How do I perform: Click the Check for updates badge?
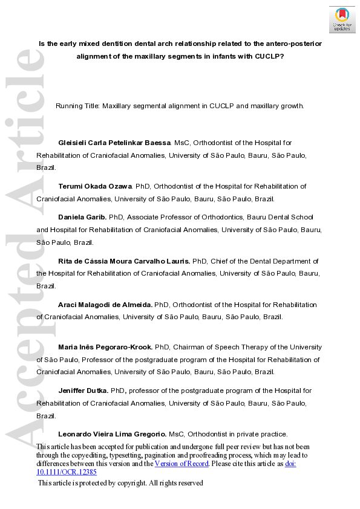tap(342, 19)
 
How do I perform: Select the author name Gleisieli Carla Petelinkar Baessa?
tap(114, 143)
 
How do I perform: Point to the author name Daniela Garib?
tap(80, 217)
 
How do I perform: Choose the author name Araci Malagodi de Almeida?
tap(105, 304)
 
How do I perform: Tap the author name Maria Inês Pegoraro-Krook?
tap(105, 347)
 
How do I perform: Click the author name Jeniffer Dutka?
tap(83, 391)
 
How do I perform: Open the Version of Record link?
tap(182, 464)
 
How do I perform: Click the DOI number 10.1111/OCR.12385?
tap(67, 472)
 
